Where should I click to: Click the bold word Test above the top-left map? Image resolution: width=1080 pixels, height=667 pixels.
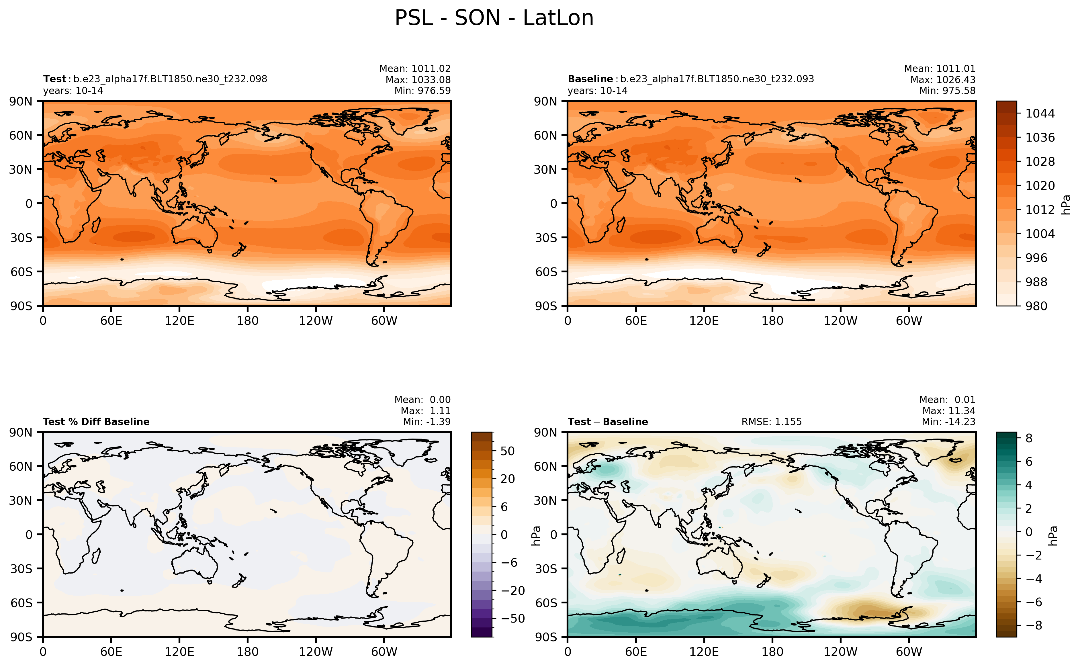[x=54, y=79]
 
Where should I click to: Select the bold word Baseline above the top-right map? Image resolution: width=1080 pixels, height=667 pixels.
[x=590, y=79]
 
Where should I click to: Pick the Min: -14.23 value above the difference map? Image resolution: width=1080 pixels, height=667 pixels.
[x=948, y=422]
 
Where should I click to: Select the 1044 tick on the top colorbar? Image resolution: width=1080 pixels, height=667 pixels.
[x=1039, y=114]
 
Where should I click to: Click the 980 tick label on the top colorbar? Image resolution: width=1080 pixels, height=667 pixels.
[x=1036, y=306]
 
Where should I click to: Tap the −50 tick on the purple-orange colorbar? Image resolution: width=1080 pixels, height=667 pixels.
[x=512, y=619]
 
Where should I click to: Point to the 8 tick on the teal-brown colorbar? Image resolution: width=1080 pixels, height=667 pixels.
[x=1029, y=438]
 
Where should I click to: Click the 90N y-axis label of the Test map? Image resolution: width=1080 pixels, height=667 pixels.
[x=21, y=101]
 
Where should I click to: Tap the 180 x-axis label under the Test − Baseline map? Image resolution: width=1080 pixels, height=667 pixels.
[x=772, y=652]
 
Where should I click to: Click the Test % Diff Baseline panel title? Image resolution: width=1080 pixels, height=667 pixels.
[x=96, y=422]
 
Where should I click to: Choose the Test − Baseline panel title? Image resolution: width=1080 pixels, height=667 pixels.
[x=607, y=422]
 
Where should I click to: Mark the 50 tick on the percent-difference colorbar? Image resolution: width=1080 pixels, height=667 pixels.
[x=508, y=451]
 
